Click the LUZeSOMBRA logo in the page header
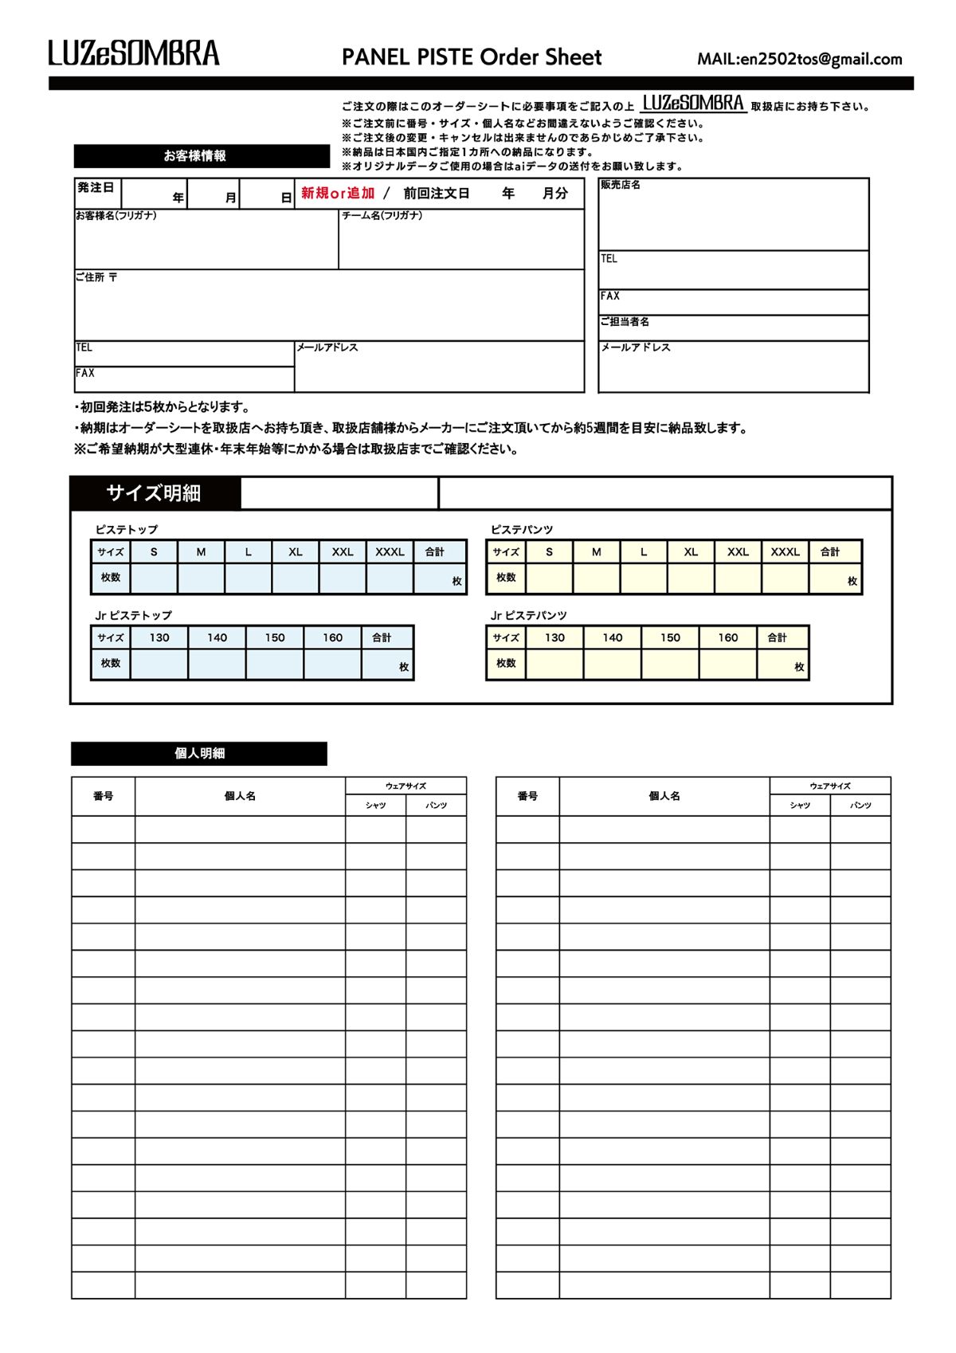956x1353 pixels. [134, 53]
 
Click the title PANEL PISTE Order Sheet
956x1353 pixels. [472, 57]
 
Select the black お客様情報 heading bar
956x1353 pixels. [202, 156]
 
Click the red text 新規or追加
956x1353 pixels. [338, 193]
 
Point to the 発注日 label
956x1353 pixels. [96, 188]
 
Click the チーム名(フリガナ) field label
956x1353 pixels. [382, 216]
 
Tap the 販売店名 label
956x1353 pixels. [621, 185]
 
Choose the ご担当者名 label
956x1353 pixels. [625, 322]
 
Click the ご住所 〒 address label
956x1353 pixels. [96, 277]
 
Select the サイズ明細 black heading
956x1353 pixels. [155, 493]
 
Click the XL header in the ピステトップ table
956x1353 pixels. [296, 551]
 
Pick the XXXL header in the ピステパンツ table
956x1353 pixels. [785, 551]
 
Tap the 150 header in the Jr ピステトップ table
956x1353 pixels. [275, 637]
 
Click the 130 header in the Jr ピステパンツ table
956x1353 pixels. [554, 637]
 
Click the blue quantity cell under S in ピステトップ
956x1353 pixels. [154, 579]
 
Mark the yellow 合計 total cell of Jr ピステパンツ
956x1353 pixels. [782, 665]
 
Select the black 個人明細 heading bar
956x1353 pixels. [199, 754]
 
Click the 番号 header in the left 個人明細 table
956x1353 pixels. [104, 796]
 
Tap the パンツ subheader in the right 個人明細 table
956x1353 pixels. [860, 806]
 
